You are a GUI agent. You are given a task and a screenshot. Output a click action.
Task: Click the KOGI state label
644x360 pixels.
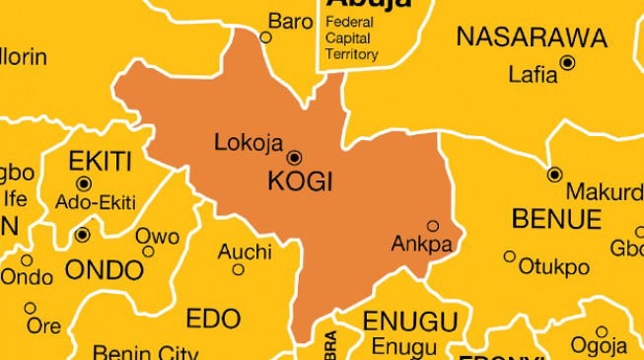301,182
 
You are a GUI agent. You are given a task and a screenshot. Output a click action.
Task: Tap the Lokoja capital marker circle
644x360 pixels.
294,157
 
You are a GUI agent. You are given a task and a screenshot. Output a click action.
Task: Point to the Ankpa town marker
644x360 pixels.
432,226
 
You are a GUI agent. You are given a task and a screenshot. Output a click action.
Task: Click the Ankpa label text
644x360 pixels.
421,244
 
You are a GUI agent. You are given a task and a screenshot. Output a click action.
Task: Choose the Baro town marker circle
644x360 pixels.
265,37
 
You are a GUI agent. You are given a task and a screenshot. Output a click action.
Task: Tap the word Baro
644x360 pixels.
291,21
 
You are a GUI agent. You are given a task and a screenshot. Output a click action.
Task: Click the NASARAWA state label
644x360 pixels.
532,38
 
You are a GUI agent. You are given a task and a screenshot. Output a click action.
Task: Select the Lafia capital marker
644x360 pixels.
567,62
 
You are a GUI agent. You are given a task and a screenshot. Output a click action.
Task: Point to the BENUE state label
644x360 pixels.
557,218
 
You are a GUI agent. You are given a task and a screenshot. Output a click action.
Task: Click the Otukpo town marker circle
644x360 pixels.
510,256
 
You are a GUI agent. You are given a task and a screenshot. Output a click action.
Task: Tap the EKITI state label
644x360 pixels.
100,161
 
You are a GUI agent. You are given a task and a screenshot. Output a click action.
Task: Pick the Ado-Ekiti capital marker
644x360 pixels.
83,183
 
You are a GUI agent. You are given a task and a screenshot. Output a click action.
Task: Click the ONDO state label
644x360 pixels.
104,269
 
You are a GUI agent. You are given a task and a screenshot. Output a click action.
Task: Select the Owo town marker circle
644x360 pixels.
148,252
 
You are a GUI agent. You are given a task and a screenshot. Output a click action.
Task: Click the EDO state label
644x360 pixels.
213,319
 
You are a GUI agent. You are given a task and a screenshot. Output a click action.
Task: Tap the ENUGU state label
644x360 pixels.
410,322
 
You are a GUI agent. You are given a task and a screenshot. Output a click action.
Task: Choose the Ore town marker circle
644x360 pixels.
31,308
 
